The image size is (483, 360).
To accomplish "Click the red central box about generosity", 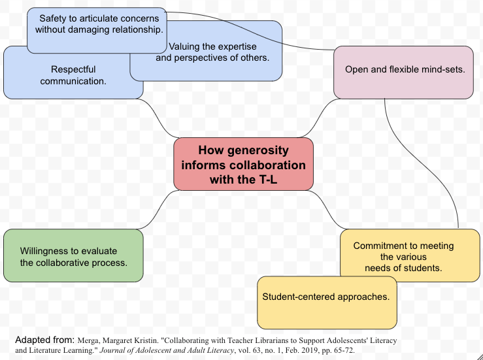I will click(x=243, y=164).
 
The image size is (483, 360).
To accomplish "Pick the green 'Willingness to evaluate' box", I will click(x=73, y=256).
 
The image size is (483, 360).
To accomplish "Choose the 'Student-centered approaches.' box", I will click(x=326, y=303).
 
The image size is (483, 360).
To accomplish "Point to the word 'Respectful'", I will click(x=73, y=69).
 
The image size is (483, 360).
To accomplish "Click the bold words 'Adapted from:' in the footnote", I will click(x=44, y=340).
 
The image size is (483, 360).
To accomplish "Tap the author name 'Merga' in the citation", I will click(x=91, y=341).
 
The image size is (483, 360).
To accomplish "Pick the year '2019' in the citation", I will click(x=288, y=350).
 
